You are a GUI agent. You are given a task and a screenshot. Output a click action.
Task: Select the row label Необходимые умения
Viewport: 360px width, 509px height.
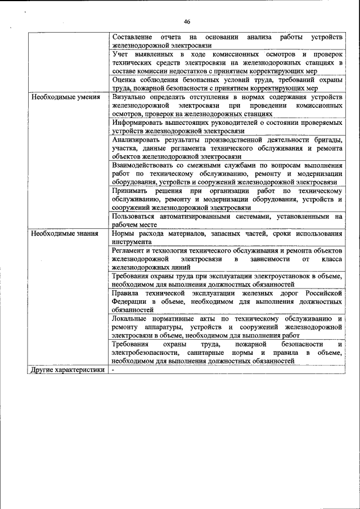65,97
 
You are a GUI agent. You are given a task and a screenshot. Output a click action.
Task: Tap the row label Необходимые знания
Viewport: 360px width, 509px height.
65,233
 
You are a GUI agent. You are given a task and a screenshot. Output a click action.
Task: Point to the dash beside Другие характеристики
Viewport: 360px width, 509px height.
113,370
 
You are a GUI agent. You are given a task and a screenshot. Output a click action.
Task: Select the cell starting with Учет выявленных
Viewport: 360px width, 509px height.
227,62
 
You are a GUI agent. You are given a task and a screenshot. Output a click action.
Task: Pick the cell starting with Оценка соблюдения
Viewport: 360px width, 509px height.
227,84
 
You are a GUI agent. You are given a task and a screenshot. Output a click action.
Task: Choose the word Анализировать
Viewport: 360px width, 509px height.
138,139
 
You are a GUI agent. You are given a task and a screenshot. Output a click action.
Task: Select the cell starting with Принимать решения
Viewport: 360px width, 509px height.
227,199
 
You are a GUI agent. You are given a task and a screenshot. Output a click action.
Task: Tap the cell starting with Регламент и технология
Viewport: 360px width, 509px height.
227,259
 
